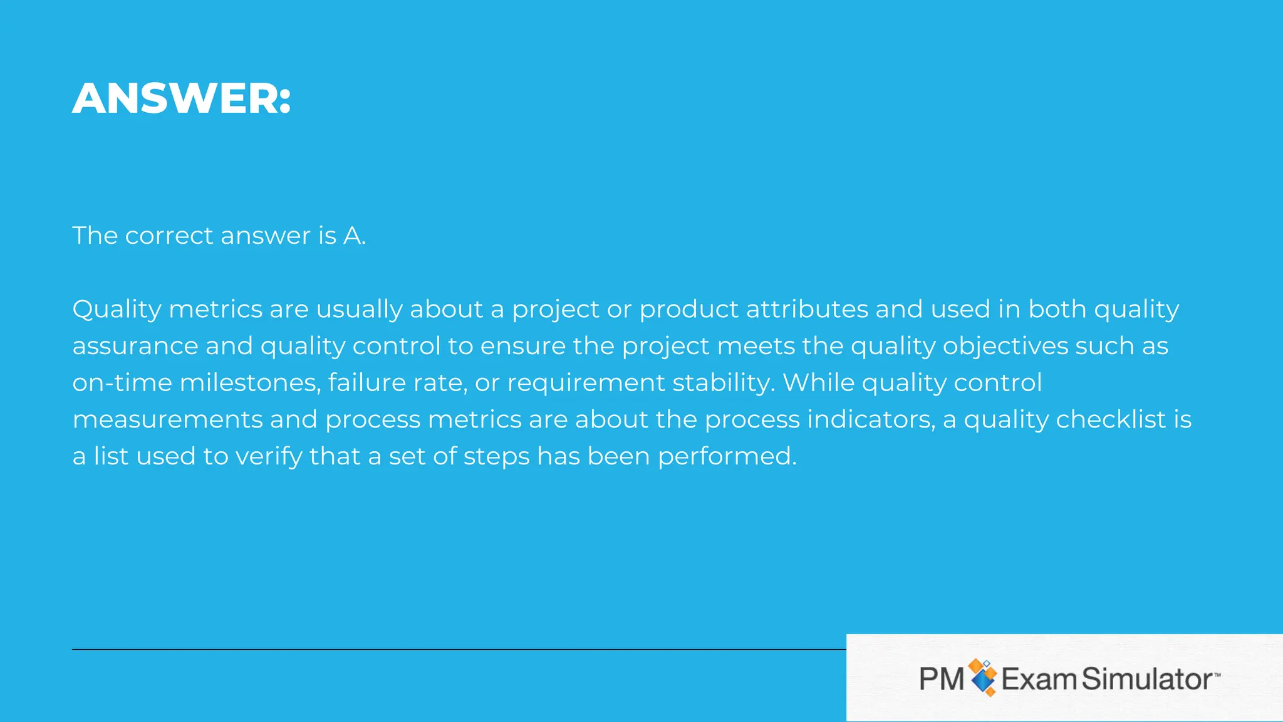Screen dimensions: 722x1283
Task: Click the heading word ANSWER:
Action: click(182, 98)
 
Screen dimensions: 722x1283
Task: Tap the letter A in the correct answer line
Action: click(352, 236)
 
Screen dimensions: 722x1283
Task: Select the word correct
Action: click(169, 236)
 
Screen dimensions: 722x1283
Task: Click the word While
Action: click(818, 383)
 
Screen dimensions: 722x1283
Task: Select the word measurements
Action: click(167, 420)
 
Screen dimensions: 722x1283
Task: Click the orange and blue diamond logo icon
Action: click(982, 678)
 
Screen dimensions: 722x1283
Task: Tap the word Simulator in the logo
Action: click(1148, 679)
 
